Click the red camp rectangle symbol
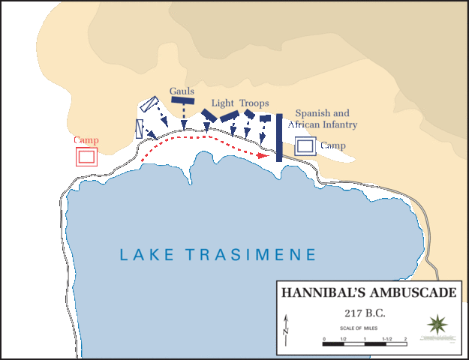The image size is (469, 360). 86,156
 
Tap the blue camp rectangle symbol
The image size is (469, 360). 305,146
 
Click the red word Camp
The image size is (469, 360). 86,140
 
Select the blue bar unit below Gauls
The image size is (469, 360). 182,100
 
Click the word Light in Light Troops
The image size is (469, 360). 223,103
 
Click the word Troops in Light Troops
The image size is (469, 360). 254,103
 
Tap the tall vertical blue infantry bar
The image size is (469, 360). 278,137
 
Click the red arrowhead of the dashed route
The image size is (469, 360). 263,156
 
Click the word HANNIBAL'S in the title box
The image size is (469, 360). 320,292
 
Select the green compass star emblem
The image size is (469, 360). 436,325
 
